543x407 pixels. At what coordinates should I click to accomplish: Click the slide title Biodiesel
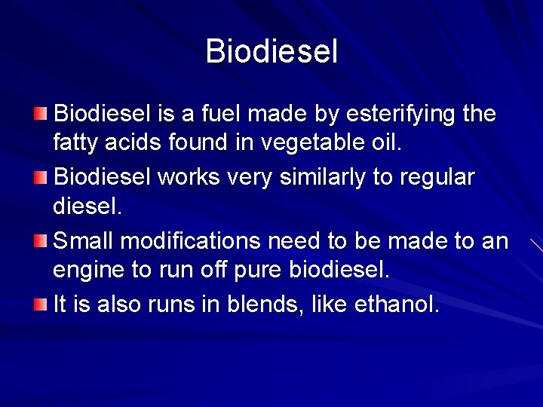271,52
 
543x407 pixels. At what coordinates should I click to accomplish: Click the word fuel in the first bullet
224,115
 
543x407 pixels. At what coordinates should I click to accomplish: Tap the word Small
84,242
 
